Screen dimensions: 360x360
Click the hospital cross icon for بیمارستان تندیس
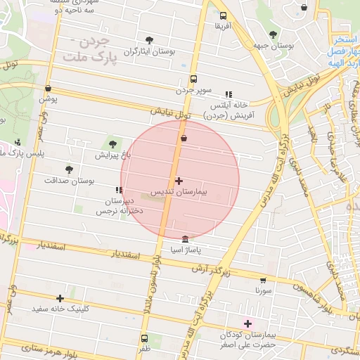tap(179, 181)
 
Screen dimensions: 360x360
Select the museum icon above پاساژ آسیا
tap(185, 239)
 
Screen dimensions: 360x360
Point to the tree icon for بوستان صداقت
tap(69, 169)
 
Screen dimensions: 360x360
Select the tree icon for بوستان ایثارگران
tap(148, 40)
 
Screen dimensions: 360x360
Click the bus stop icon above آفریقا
tap(223, 15)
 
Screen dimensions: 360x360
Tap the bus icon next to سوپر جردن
tap(193, 79)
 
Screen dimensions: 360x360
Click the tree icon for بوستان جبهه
tap(273, 34)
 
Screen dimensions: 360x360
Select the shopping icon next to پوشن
tap(48, 89)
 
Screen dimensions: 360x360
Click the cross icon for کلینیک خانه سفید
tap(60, 298)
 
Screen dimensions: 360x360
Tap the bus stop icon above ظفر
tap(144, 337)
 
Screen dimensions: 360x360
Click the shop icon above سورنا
tap(263, 280)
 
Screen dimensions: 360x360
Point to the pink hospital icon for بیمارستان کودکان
tap(247, 323)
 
